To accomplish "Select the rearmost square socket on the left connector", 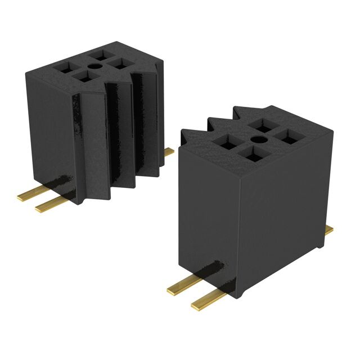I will point(102,55).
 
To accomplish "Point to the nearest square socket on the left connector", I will point(83,76).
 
